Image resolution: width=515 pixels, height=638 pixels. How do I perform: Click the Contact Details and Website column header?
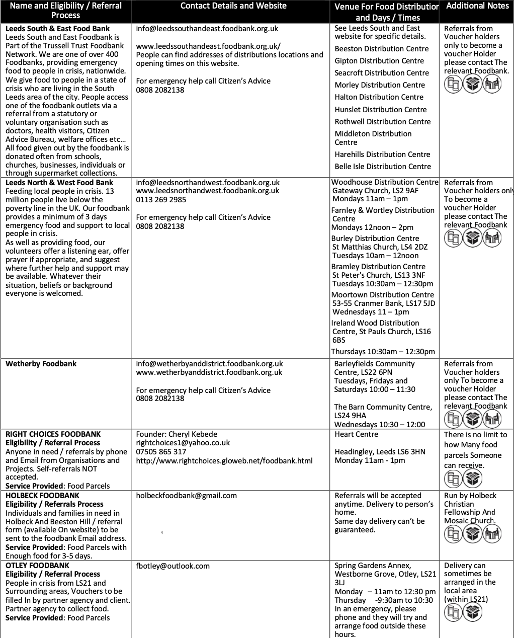(233, 6)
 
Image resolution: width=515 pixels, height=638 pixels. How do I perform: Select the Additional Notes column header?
(477, 6)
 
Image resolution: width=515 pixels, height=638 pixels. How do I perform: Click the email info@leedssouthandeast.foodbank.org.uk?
(207, 29)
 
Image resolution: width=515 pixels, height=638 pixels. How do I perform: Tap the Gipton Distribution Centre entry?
(380, 61)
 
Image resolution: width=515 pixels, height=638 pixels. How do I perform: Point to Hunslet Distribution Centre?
(381, 110)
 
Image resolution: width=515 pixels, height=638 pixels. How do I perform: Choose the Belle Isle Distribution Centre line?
(383, 167)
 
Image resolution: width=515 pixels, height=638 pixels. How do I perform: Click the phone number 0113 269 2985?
(161, 200)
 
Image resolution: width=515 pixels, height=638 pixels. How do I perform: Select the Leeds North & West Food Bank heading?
(59, 183)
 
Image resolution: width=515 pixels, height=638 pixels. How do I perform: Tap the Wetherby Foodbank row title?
(41, 364)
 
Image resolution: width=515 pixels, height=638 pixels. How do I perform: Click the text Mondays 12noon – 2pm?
(372, 227)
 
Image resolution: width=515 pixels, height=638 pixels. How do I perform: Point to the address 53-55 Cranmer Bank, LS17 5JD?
(384, 303)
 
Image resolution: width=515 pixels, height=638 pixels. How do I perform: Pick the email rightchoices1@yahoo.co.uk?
(183, 443)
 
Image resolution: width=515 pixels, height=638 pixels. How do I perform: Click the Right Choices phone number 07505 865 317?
(161, 452)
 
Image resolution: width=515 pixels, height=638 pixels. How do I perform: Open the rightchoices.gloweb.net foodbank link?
(224, 460)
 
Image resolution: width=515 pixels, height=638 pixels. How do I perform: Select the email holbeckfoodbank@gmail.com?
(186, 496)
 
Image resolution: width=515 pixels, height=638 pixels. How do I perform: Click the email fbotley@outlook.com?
(173, 566)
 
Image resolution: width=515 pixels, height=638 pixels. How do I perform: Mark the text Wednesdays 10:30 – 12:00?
(379, 425)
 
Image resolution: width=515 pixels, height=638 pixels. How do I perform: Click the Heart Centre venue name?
(356, 434)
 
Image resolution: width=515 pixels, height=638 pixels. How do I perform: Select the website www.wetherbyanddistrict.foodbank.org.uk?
(209, 372)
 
